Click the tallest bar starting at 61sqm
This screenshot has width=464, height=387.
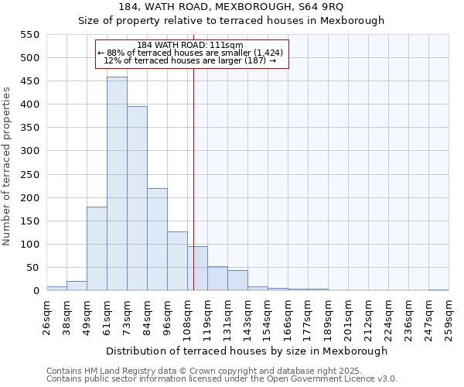[x=117, y=184]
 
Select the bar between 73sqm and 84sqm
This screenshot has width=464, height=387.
[x=137, y=198]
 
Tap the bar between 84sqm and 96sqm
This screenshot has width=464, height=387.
[x=157, y=239]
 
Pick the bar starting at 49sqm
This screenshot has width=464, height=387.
[x=97, y=248]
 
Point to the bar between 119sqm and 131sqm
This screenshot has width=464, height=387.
[x=217, y=278]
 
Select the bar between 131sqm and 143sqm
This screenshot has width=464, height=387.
[x=237, y=280]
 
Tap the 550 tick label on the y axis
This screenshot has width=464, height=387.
[x=29, y=35]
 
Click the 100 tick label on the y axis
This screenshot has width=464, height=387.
[x=29, y=245]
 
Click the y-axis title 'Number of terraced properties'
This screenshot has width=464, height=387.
[x=7, y=166]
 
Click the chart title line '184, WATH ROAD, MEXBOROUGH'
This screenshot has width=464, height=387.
[x=231, y=7]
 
